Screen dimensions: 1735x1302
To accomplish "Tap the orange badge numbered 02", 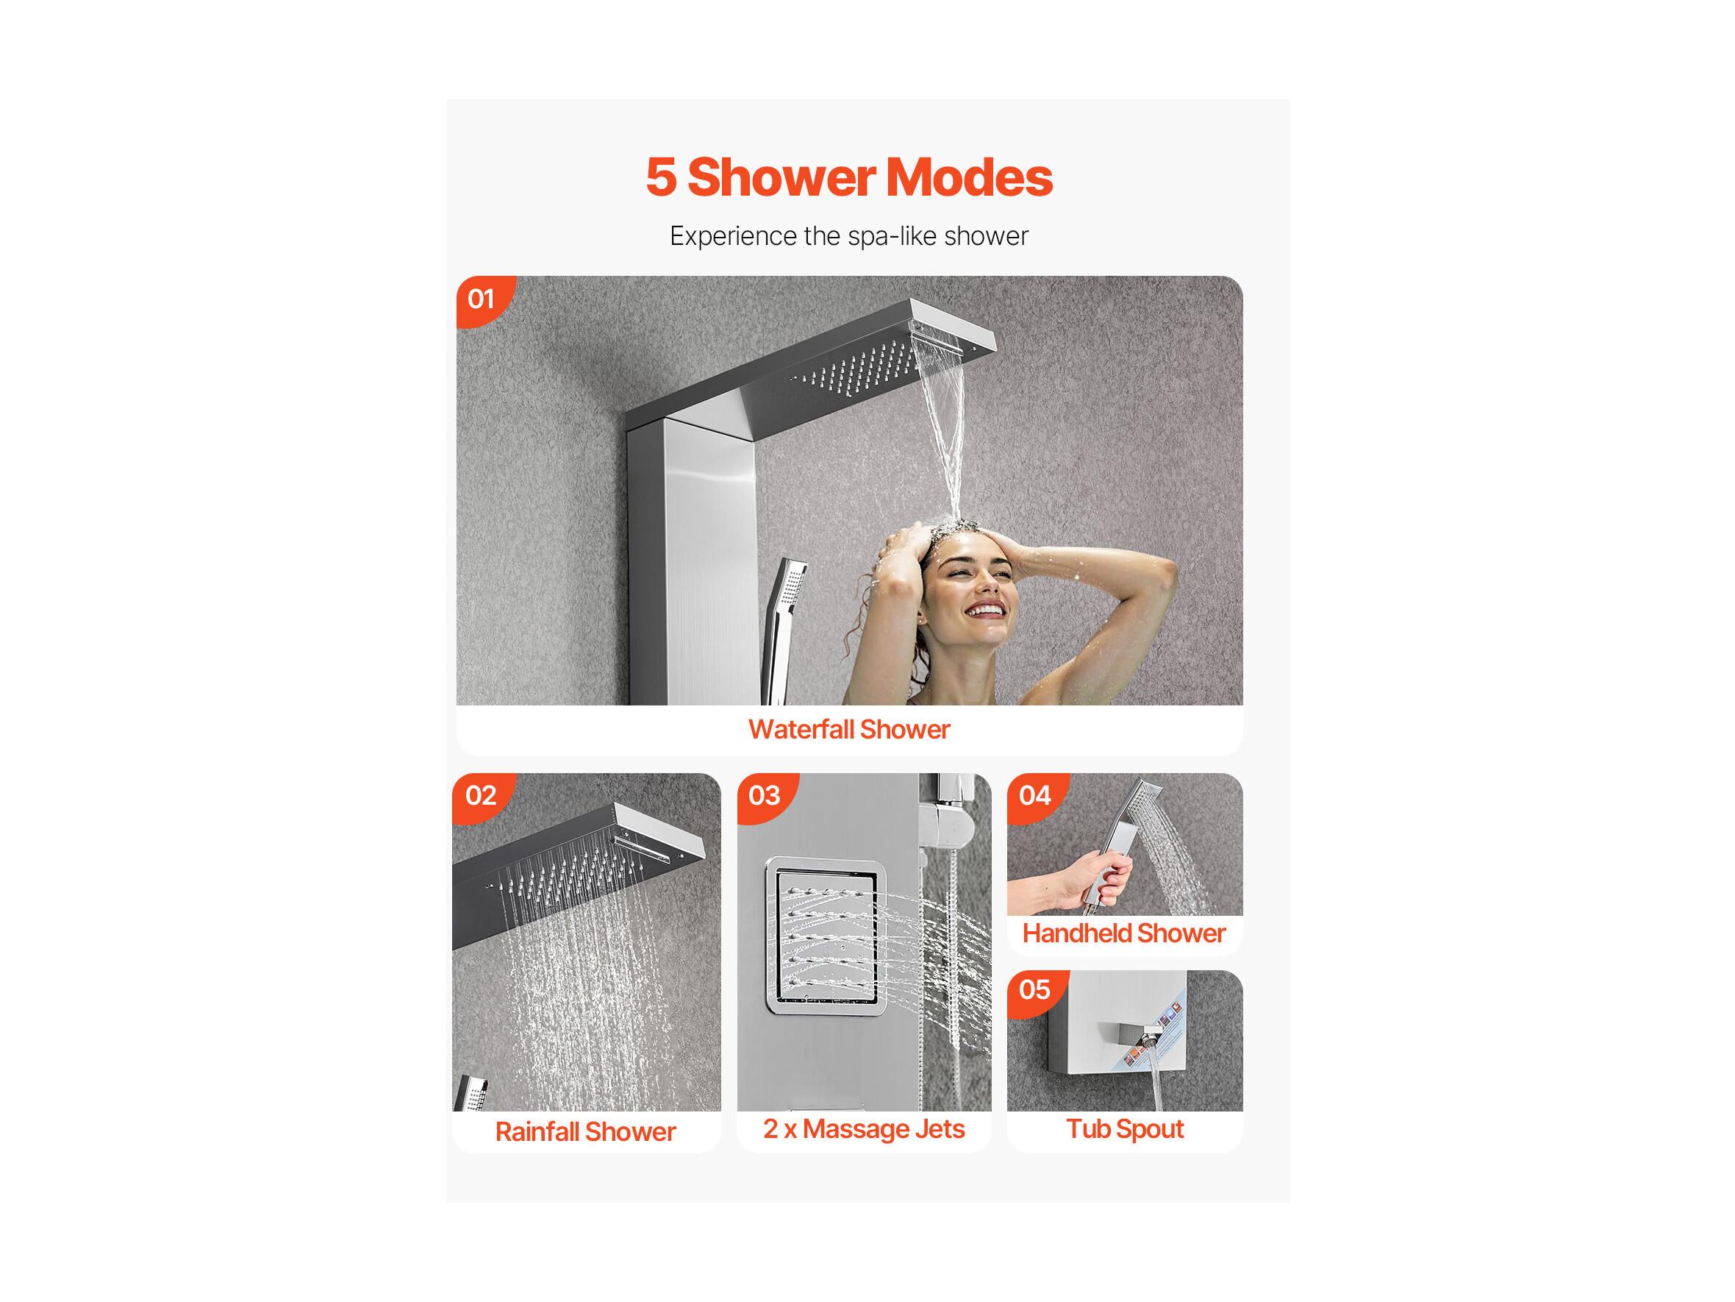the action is pos(481,797).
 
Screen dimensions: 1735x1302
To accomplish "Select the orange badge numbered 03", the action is pos(765,797).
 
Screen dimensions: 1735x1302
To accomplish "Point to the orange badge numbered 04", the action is pos(1035,797).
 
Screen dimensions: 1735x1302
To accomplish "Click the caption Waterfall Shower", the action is pos(848,730).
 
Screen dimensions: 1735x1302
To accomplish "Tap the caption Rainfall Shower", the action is pos(585,1131).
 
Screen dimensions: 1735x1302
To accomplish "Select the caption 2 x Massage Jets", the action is pos(864,1129).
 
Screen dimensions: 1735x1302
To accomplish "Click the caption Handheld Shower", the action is pos(1124,933).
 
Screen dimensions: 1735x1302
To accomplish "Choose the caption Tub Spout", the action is pos(1125,1129).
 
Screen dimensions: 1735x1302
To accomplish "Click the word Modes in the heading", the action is pos(970,178).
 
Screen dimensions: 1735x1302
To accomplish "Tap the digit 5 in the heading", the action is pos(661,178).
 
